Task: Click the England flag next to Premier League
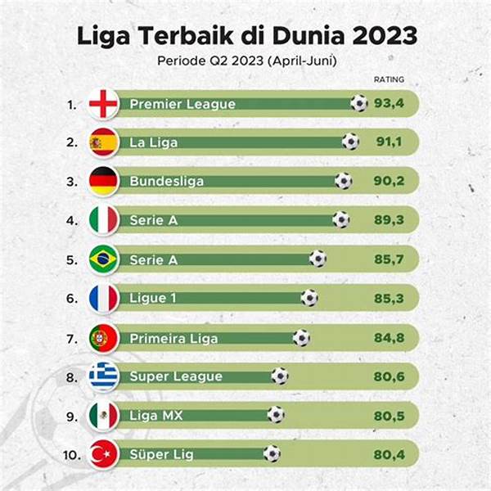click(x=103, y=104)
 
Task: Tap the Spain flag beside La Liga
click(x=103, y=142)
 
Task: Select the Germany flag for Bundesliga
click(x=103, y=181)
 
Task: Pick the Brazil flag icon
click(x=103, y=259)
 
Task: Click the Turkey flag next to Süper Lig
click(x=103, y=453)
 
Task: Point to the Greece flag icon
click(x=103, y=376)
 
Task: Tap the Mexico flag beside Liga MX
click(x=103, y=415)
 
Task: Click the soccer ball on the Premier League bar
click(x=358, y=103)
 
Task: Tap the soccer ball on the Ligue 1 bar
click(x=309, y=298)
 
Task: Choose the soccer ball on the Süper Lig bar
click(x=272, y=453)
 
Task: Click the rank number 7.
click(x=72, y=337)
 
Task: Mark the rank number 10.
click(x=70, y=453)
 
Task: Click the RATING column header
click(x=389, y=79)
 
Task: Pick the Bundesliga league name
click(x=166, y=181)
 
